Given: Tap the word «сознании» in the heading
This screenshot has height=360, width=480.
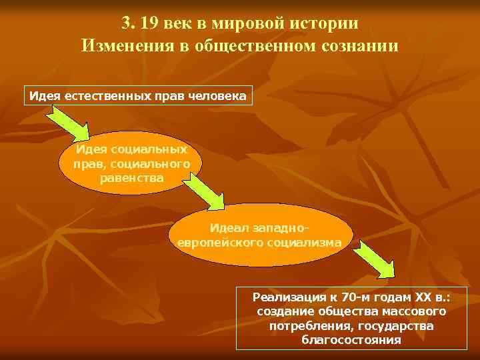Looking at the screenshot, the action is (357, 46).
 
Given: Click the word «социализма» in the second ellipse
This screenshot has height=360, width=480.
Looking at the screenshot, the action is (304, 242).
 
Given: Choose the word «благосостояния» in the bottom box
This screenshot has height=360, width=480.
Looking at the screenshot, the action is (351, 340).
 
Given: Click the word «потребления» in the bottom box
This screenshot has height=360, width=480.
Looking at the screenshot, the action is (311, 325).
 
